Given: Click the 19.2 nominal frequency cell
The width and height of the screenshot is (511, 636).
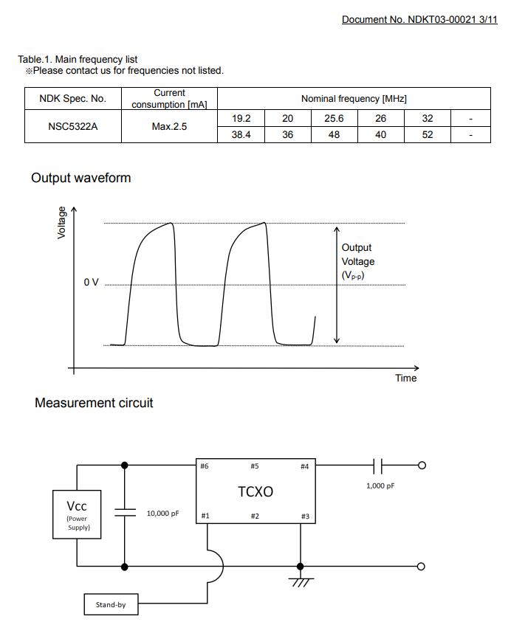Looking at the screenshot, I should [x=241, y=118].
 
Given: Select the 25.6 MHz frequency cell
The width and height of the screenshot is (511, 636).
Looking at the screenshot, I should [x=334, y=118].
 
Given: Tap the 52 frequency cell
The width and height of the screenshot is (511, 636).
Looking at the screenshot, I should [x=428, y=134].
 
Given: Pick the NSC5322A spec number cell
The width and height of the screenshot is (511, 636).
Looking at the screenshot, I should [x=72, y=126].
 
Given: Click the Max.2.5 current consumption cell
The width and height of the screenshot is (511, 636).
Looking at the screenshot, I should [x=169, y=126].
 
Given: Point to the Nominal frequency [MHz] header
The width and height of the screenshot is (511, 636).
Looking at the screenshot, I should [x=354, y=99].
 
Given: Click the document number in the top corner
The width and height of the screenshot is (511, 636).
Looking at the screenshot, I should [x=419, y=20].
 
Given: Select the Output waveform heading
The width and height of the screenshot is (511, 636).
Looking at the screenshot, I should [x=80, y=178].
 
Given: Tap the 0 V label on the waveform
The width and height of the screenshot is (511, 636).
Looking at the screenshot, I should [x=91, y=283].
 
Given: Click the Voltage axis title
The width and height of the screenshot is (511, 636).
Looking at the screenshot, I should [x=61, y=223].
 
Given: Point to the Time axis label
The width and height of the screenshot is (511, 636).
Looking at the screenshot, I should [x=405, y=378].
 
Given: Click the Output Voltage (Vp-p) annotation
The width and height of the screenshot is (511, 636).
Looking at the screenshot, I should [x=357, y=261].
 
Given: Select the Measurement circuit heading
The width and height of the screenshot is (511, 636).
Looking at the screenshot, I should [x=94, y=403].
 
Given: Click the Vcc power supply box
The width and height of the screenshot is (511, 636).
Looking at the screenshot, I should [x=77, y=514].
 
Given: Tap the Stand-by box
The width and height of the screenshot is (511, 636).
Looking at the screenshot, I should [x=111, y=605].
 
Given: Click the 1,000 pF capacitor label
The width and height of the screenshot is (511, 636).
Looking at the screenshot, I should [x=380, y=486].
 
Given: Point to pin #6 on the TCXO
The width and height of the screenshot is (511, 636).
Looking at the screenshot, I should [x=205, y=466].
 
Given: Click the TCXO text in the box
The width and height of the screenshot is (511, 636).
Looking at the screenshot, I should [x=255, y=491].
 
